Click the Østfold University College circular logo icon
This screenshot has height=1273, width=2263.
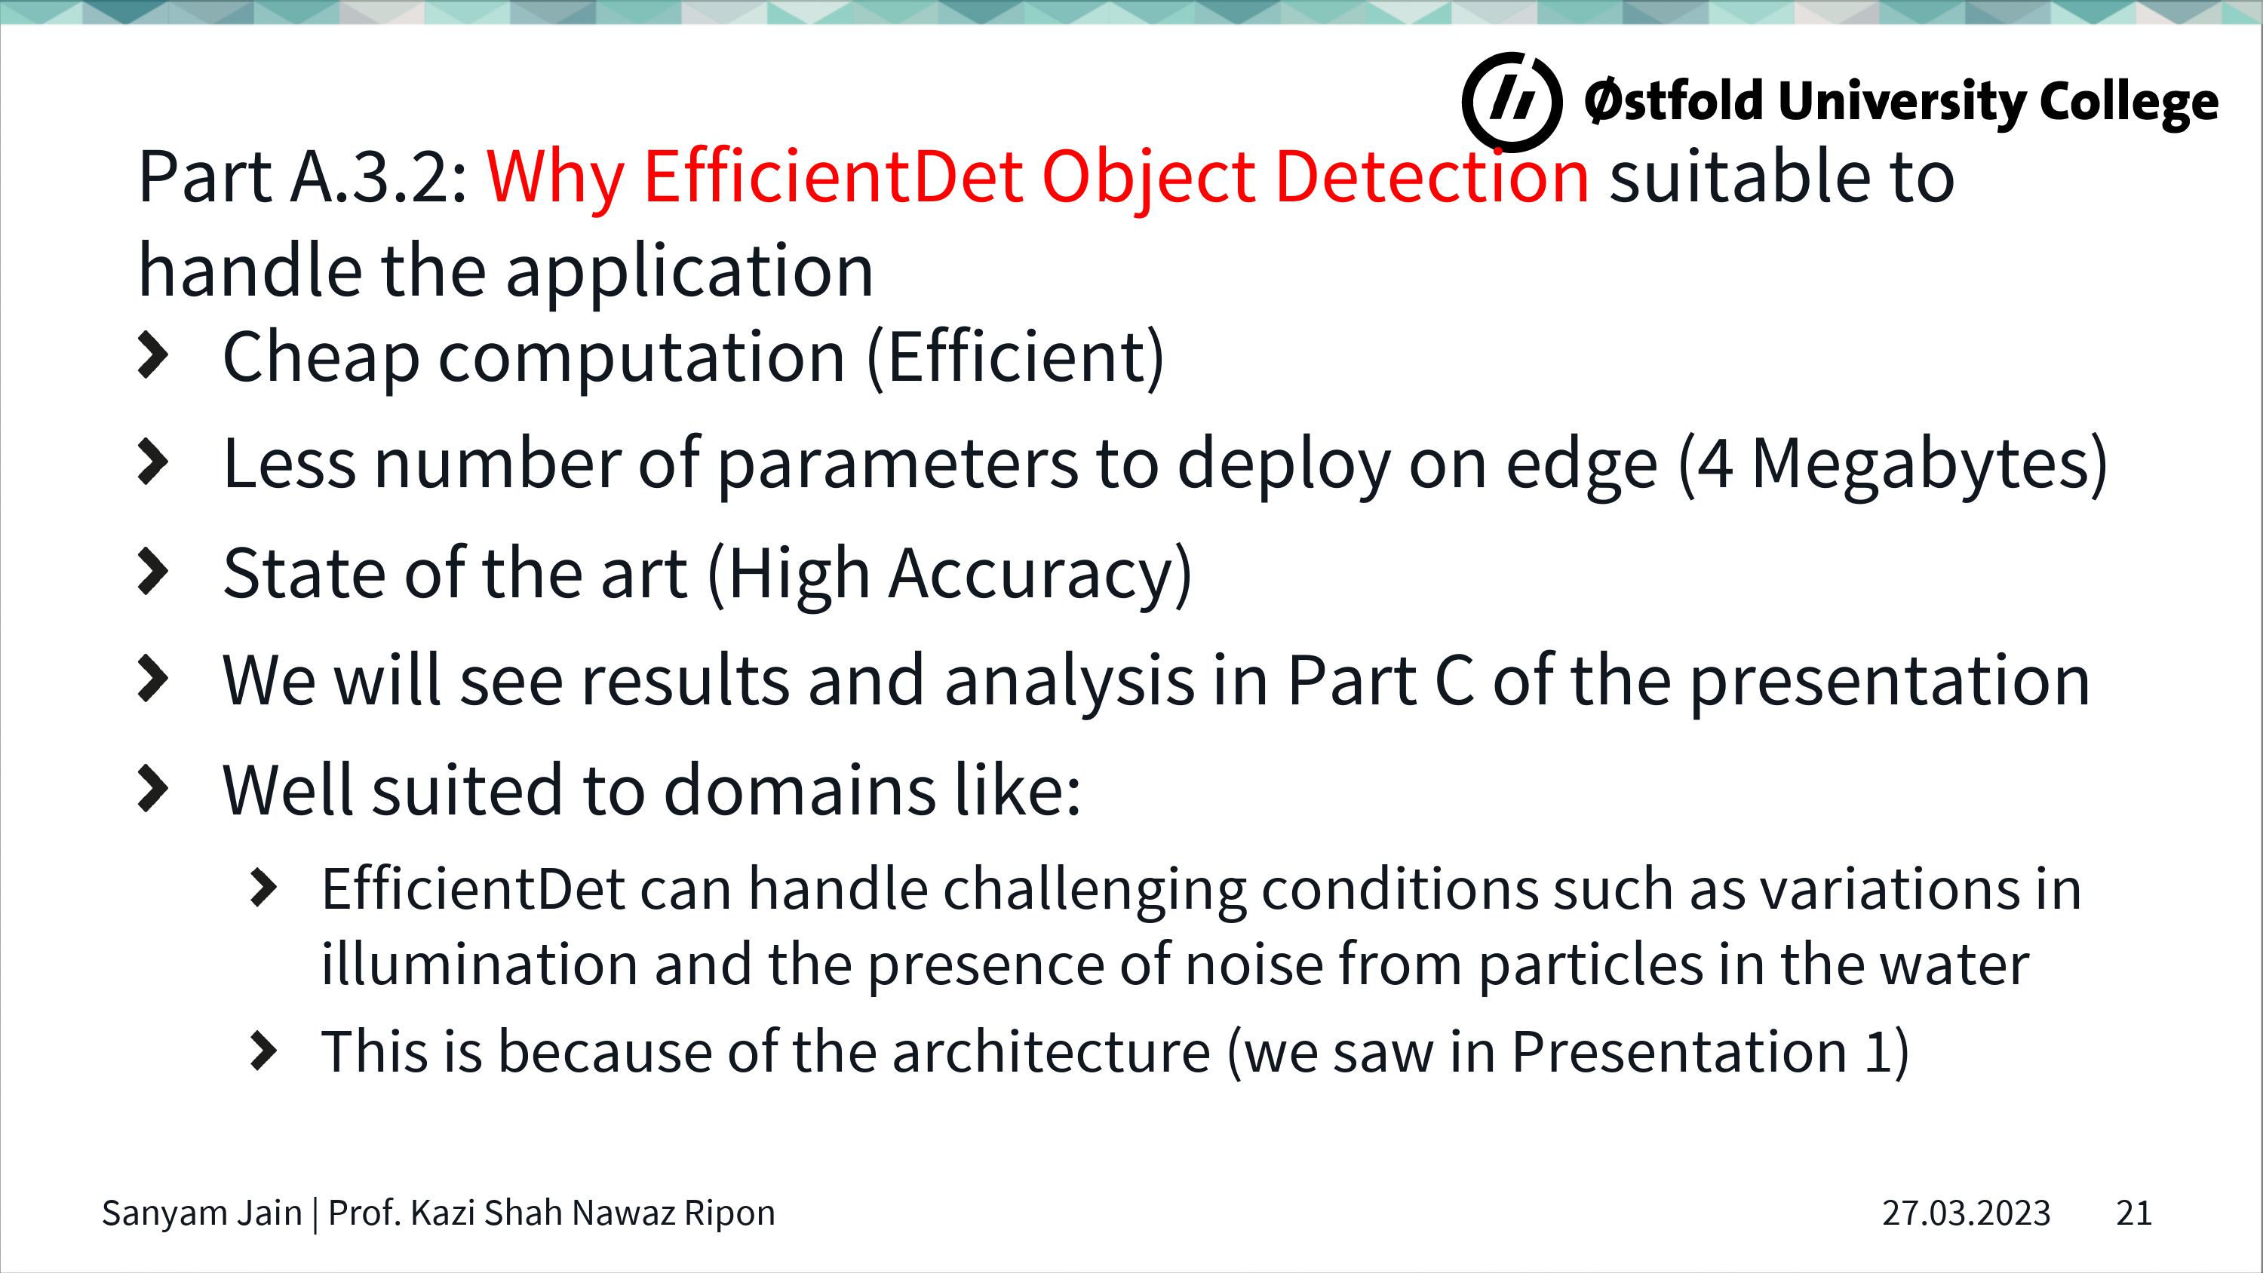click(x=1512, y=101)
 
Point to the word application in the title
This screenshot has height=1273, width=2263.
click(x=689, y=271)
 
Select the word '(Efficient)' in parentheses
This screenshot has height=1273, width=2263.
click(x=1015, y=357)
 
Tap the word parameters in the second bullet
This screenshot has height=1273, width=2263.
click(x=897, y=464)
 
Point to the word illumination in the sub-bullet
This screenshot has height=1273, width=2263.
click(x=479, y=965)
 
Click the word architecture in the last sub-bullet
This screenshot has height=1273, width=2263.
click(x=1051, y=1051)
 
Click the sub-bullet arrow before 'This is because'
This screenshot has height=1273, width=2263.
click(x=263, y=1051)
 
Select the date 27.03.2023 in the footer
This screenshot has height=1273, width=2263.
click(x=1965, y=1213)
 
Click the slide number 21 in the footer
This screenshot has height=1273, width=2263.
click(x=2134, y=1213)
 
